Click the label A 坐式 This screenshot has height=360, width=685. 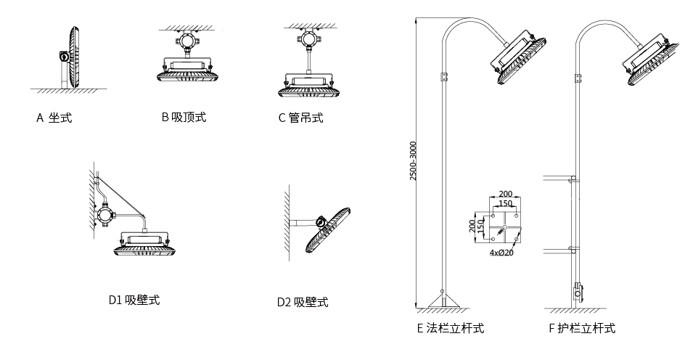pos(54,118)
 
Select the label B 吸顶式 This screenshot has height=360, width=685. pos(184,117)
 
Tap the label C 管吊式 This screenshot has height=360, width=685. pos(300,118)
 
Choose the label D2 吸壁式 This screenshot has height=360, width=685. pos(302,302)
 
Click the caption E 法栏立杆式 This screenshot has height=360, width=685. pos(450,329)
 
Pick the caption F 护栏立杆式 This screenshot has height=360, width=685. pos(582,329)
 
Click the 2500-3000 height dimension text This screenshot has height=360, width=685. pos(414,161)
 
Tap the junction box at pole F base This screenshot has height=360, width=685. pos(577,293)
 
